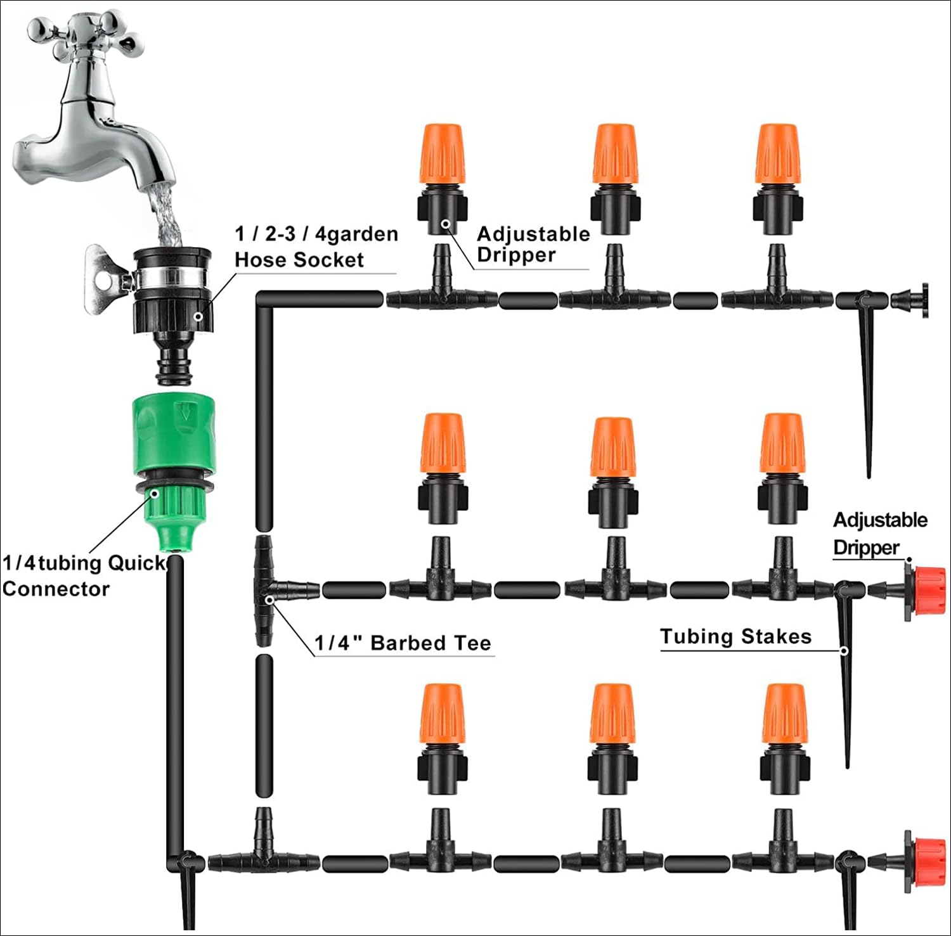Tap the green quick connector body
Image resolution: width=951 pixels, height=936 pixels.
(x=173, y=437)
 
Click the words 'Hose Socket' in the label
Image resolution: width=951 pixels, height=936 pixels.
(x=299, y=260)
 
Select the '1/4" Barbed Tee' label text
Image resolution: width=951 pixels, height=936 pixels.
(x=403, y=643)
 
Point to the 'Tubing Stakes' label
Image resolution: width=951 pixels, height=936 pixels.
(x=735, y=636)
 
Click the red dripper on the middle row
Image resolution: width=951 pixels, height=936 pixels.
(x=928, y=591)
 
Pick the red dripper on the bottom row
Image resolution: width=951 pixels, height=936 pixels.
(x=928, y=861)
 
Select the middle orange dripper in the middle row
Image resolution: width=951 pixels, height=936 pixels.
(x=612, y=447)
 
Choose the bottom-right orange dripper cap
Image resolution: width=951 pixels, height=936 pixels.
(x=784, y=714)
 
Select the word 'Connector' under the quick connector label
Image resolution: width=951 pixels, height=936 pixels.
(x=56, y=589)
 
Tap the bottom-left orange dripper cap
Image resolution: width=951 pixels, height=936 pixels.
(x=442, y=714)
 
